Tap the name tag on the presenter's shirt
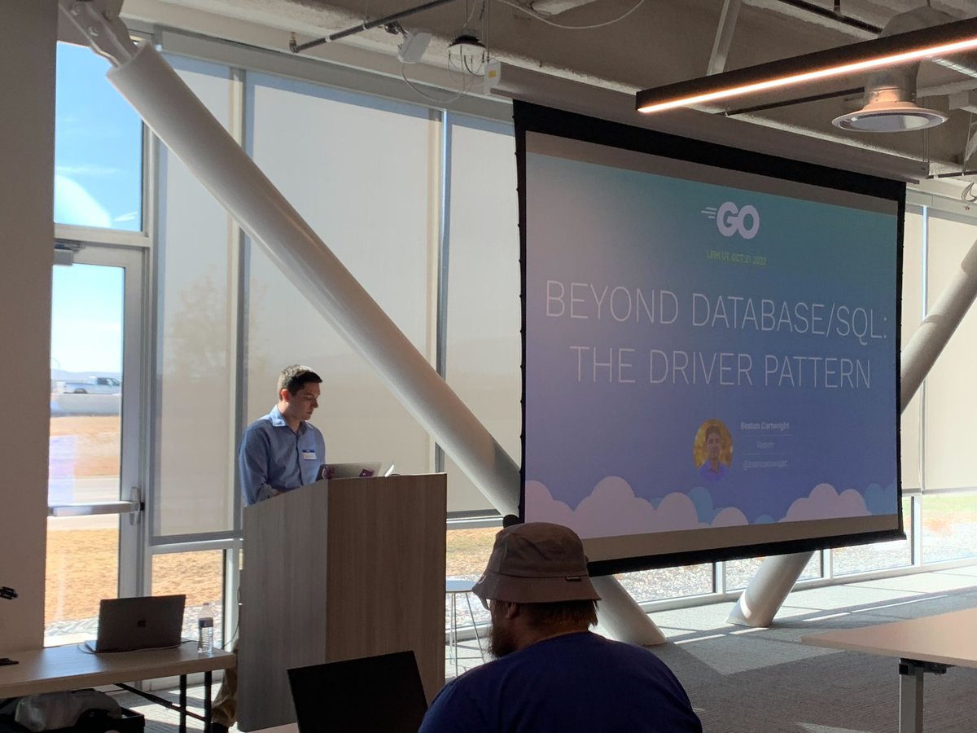pos(309,454)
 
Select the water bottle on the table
pos(205,627)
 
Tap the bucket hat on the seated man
pos(537,564)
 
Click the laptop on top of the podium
pos(354,470)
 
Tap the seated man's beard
pos(503,641)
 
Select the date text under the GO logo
pos(736,260)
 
